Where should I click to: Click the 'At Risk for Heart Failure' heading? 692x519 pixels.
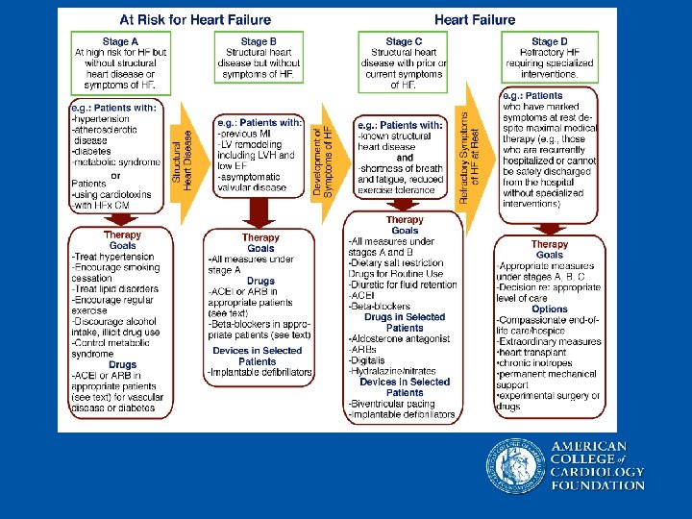coord(194,20)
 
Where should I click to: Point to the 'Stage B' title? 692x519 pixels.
coord(259,41)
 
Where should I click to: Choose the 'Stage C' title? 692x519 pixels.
coord(404,41)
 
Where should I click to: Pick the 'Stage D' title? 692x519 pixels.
coord(549,41)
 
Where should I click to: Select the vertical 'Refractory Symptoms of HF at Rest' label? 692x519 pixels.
coord(468,159)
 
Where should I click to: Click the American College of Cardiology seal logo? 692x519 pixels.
coord(514,465)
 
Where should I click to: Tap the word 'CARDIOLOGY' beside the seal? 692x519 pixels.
coord(598,472)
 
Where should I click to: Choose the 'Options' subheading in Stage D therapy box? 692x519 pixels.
coord(549,309)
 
